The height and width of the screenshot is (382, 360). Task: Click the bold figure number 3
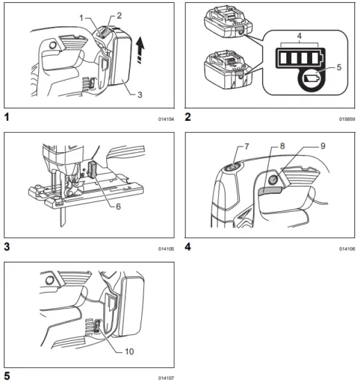[7, 246]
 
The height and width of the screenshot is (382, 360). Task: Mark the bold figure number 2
[188, 117]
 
